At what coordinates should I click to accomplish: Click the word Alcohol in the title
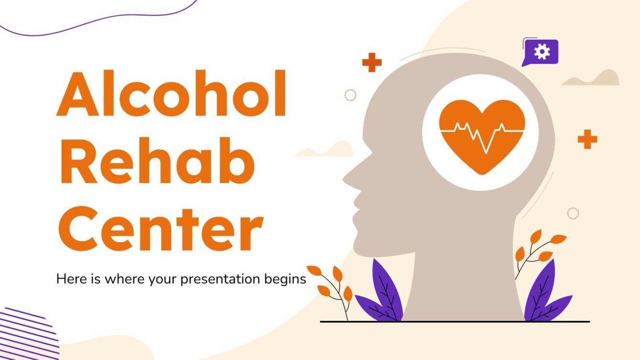tap(171, 96)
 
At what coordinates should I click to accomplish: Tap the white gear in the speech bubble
tap(542, 51)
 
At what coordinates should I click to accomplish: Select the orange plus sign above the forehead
tap(372, 63)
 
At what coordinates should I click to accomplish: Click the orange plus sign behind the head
tap(587, 139)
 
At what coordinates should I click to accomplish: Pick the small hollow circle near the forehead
tap(351, 95)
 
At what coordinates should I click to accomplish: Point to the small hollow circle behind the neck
tap(573, 213)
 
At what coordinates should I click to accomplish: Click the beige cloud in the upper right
tap(593, 79)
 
